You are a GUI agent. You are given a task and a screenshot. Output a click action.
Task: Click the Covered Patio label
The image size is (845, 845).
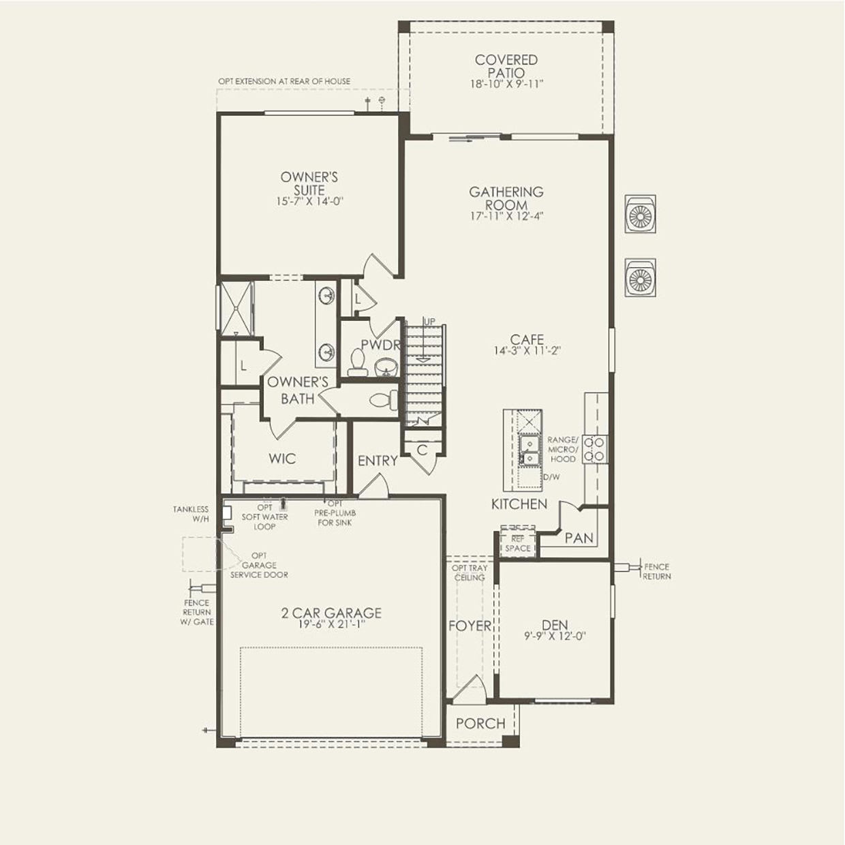506,66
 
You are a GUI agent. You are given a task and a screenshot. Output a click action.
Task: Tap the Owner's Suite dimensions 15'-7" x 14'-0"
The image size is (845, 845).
309,202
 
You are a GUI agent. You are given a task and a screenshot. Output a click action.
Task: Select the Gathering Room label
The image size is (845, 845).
506,198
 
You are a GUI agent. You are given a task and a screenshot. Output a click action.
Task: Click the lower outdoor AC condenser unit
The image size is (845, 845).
641,277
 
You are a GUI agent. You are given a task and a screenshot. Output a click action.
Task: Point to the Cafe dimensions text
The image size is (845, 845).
527,352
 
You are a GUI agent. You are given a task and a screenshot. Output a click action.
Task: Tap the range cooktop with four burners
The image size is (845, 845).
596,449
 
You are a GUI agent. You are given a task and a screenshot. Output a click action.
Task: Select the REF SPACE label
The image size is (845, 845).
518,544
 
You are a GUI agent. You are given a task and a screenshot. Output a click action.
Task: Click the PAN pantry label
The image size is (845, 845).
579,538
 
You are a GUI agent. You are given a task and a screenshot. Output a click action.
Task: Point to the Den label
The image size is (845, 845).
555,625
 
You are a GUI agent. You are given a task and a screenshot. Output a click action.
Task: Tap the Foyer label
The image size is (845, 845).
470,626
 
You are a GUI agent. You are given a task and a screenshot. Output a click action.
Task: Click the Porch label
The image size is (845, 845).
480,724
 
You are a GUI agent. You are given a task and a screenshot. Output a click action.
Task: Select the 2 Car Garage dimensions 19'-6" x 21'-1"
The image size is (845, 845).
331,624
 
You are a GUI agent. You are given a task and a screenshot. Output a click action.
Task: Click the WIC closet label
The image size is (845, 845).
282,459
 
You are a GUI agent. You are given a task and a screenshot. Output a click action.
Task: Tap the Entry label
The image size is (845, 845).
378,461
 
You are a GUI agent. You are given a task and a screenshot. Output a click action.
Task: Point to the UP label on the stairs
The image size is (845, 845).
429,322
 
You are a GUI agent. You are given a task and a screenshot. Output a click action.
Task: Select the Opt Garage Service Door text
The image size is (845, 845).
259,565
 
